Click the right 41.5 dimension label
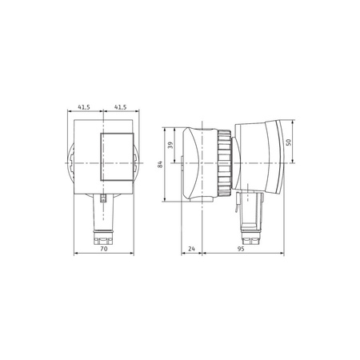122,106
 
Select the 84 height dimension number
161,164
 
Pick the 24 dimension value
192,249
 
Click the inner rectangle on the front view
113,155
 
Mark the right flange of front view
138,164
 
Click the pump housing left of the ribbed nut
198,164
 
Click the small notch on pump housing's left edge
182,167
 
